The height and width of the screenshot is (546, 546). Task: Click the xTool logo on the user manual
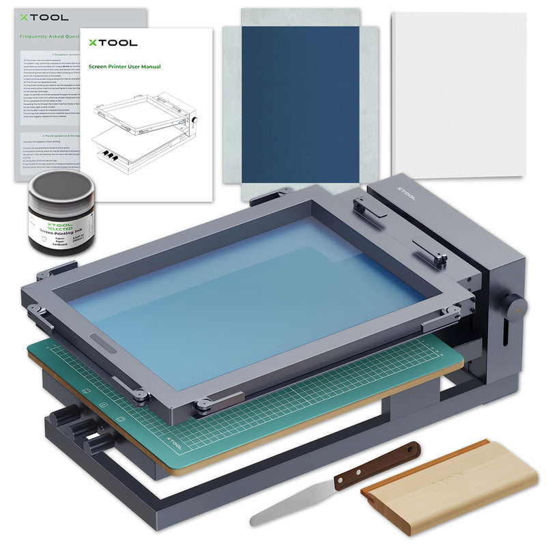[x=112, y=42]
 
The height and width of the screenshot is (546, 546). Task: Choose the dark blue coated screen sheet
[x=300, y=102]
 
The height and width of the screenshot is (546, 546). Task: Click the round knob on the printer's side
[x=515, y=307]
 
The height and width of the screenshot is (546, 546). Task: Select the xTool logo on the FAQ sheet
[x=33, y=17]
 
